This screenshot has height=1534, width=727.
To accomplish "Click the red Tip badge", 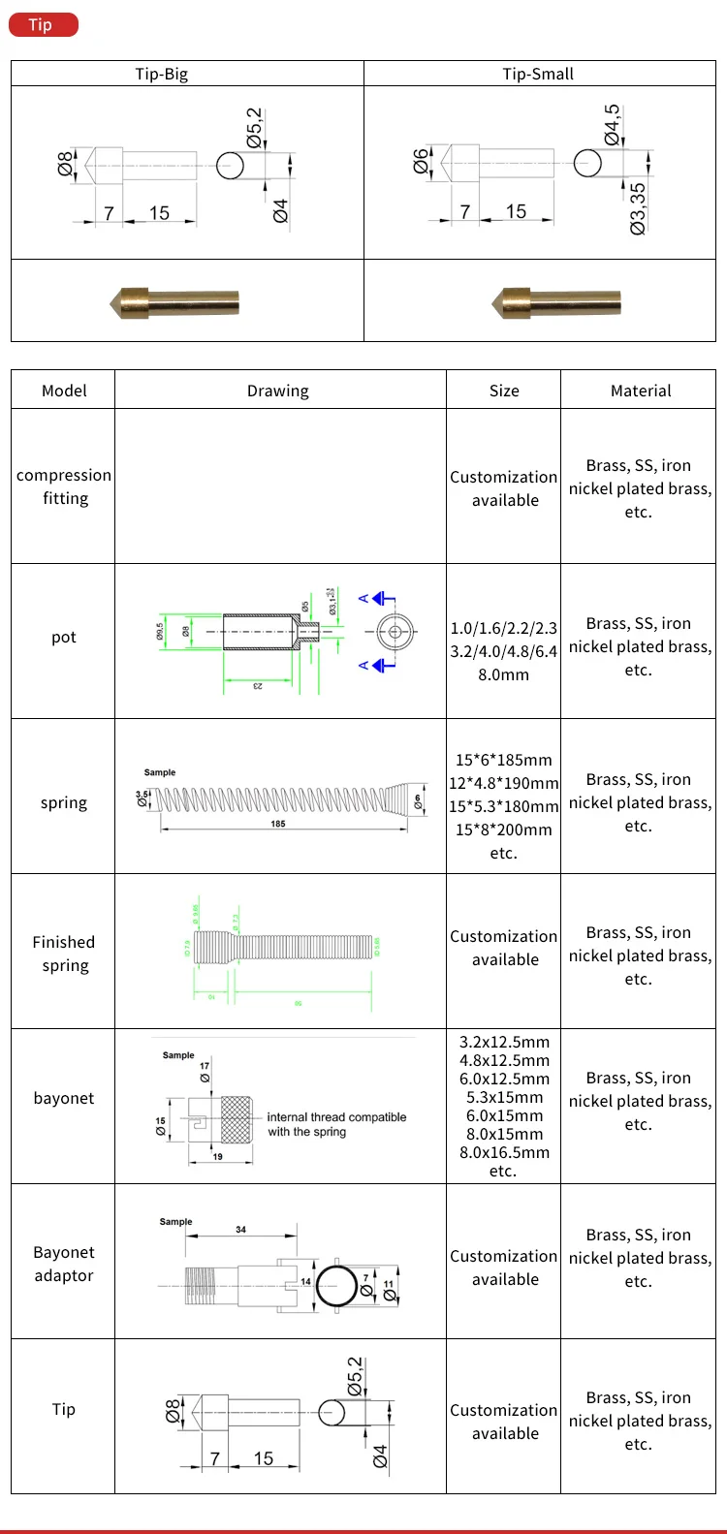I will coord(43,24).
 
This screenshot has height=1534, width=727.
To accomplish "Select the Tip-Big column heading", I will coord(161,74).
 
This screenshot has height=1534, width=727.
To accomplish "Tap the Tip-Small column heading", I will coord(538,74).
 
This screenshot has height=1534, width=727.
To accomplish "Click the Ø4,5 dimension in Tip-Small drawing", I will coord(613,125).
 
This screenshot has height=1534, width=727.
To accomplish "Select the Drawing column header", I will coord(278,391).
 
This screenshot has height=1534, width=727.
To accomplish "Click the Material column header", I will coord(641,391).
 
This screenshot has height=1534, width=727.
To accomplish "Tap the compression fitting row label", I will coord(64,486).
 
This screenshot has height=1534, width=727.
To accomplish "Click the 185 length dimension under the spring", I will coord(278,824).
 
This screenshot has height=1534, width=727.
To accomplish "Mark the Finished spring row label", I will coord(64,954).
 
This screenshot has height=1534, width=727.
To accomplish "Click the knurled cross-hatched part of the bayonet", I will coord(237,1120).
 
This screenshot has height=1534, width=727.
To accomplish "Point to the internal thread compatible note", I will coord(336,1124).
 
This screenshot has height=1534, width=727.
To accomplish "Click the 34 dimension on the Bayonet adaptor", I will coord(240,1230).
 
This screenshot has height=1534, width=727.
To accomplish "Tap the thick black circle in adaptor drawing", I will coord(336,1286).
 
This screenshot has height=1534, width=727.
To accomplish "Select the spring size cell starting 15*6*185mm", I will coord(503,806).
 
